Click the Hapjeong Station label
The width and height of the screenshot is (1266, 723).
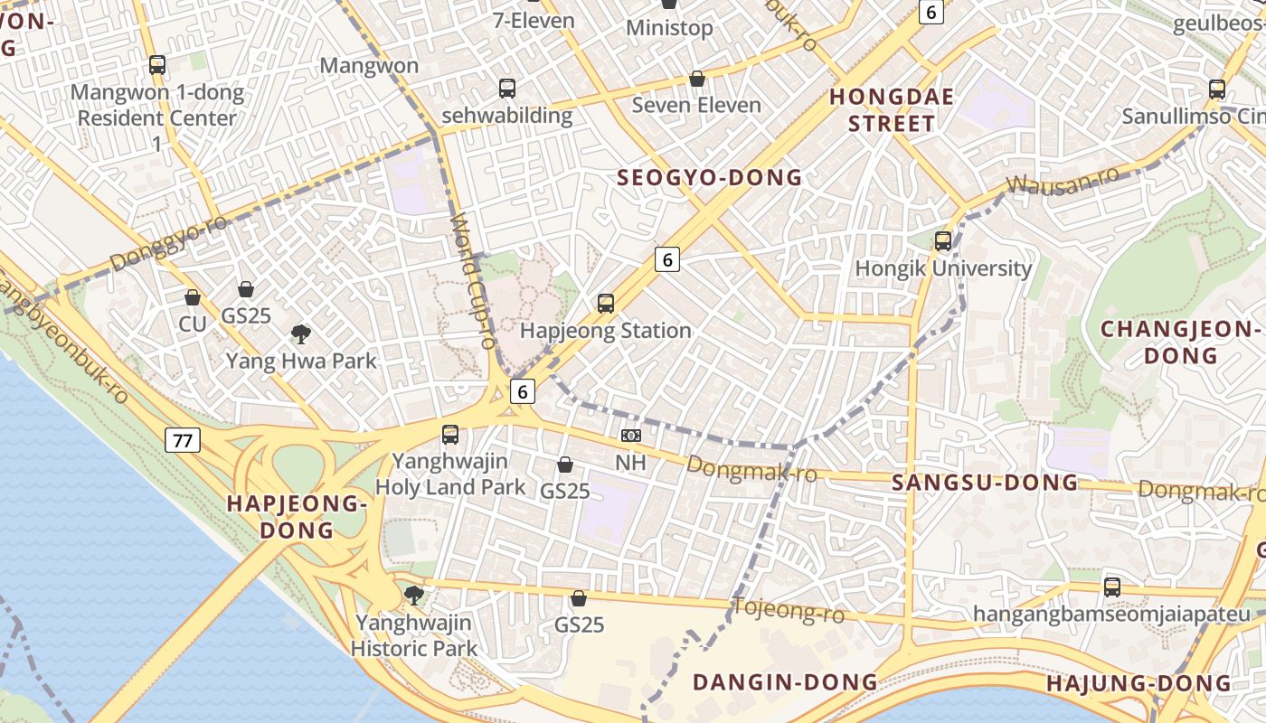pos(605,331)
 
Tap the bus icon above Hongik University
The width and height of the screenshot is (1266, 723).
pos(943,240)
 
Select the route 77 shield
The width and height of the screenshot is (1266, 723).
pos(183,440)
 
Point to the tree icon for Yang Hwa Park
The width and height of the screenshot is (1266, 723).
pos(301,335)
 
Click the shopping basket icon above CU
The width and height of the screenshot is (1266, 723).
pos(193,297)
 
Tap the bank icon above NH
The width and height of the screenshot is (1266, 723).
pos(631,436)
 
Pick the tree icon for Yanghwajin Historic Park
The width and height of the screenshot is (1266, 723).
pos(413,596)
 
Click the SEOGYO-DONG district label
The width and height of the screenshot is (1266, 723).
pos(710,178)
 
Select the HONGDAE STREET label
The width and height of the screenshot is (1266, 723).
pos(892,110)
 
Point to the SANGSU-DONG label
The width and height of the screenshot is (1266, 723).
pos(986,483)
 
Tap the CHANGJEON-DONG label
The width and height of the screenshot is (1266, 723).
pos(1180,342)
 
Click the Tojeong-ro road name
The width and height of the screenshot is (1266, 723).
pos(789,611)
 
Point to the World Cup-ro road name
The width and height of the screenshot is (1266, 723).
pos(473,280)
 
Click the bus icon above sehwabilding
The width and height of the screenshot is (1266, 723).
pos(507,89)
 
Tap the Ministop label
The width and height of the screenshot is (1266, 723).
pos(669,28)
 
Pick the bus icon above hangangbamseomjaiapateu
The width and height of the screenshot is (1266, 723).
pos(1112,587)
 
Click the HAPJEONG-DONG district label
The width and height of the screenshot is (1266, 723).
pos(298,517)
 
